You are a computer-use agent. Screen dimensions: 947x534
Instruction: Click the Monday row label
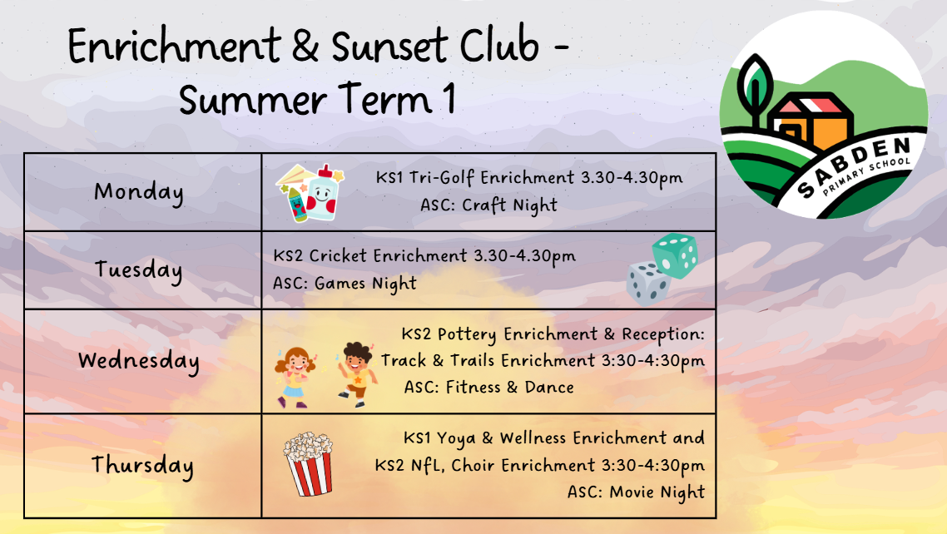[x=139, y=192]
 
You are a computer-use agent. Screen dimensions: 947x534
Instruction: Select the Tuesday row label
[x=138, y=269]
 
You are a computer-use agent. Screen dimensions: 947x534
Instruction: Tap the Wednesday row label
[x=138, y=361]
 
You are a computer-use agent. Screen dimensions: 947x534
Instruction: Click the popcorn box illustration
[x=308, y=463]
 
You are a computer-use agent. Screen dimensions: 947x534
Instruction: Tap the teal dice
[x=675, y=255]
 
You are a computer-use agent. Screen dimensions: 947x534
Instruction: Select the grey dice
[x=648, y=284]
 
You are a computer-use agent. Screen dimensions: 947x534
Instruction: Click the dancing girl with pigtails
[x=294, y=377]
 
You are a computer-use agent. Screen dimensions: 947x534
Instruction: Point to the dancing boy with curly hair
[x=357, y=374]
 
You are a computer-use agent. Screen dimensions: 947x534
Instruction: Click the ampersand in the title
[x=305, y=46]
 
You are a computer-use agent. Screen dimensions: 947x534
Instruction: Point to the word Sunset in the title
[x=390, y=47]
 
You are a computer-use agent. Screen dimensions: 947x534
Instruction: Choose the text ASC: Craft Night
[x=488, y=205]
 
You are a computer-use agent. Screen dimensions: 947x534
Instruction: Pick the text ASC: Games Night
[x=345, y=283]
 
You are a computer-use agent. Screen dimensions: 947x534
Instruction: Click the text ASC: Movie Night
[x=636, y=492]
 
